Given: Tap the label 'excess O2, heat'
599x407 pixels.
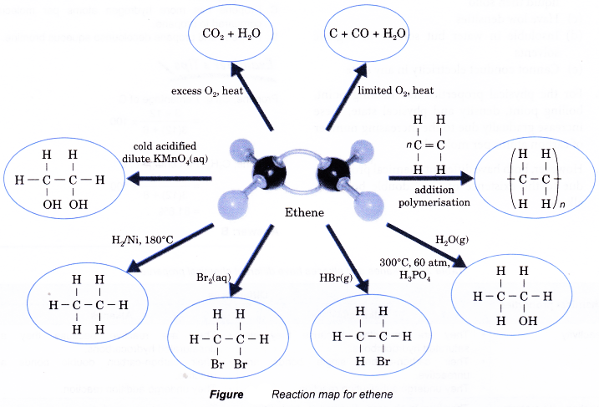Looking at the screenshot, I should pyautogui.click(x=208, y=89).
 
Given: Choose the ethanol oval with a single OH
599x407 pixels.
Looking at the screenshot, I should pyautogui.click(x=512, y=296).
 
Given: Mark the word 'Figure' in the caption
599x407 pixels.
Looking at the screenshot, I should pyautogui.click(x=226, y=394).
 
